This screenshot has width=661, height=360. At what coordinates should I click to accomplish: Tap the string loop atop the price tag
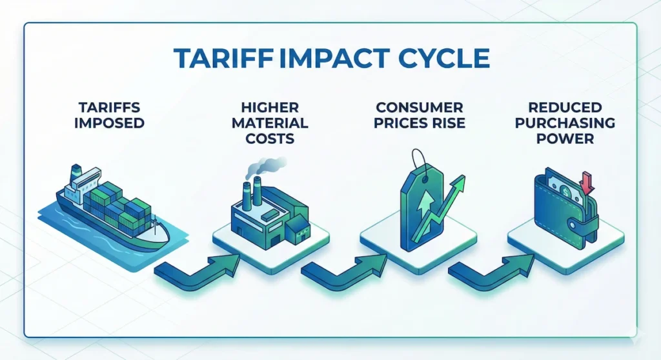pos(419,158)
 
